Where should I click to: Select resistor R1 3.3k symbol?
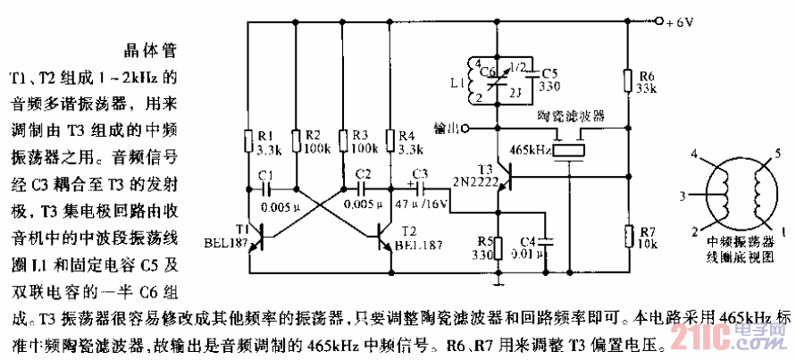(x=247, y=140)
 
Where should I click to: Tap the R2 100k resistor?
(x=294, y=140)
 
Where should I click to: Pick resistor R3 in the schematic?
(x=342, y=140)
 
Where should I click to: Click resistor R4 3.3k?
(x=389, y=140)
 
